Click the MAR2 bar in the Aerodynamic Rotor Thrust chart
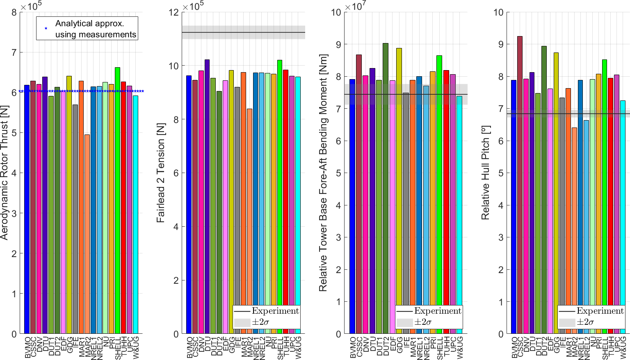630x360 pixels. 87,234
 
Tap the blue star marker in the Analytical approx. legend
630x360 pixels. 46,28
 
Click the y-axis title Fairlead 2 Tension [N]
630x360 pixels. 161,173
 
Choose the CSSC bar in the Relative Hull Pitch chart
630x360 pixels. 520,185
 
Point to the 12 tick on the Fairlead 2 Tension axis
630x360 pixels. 174,12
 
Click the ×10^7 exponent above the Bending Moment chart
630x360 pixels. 355,6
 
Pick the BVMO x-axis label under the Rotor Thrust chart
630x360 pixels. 27,348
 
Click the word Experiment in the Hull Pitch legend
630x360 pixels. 600,311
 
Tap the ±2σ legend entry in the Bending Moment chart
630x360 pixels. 422,322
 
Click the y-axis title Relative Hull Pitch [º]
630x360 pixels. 486,173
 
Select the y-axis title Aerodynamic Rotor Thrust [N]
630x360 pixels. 5,173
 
